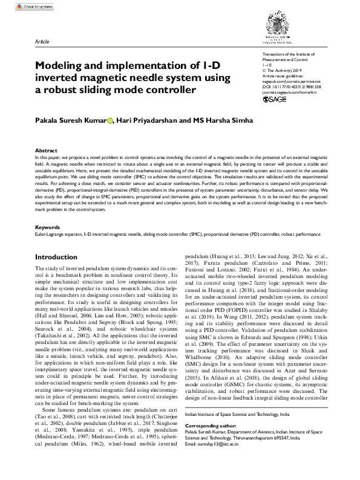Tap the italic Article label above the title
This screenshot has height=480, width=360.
coord(42,42)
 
